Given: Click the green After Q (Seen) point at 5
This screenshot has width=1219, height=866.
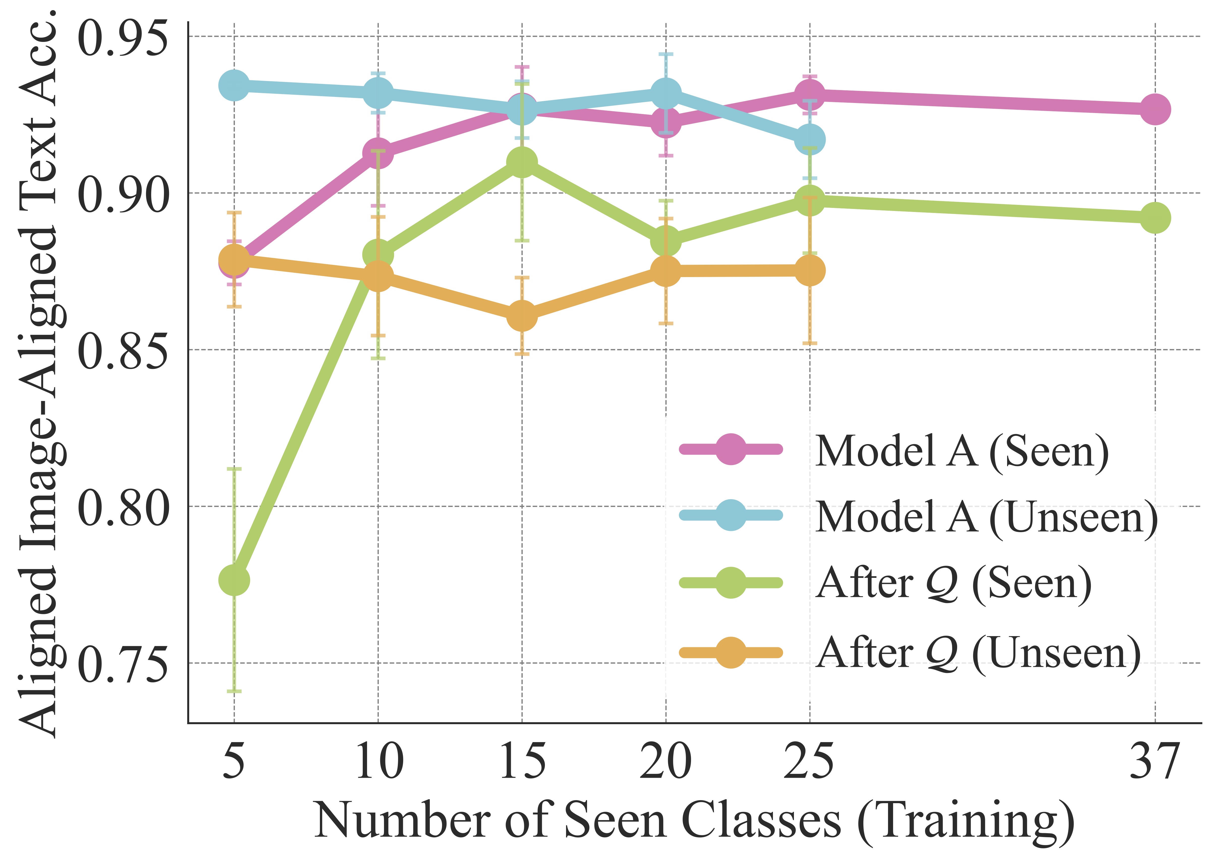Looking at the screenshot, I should pyautogui.click(x=234, y=580).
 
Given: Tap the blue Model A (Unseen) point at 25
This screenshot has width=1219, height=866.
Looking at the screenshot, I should pyautogui.click(x=810, y=140).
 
